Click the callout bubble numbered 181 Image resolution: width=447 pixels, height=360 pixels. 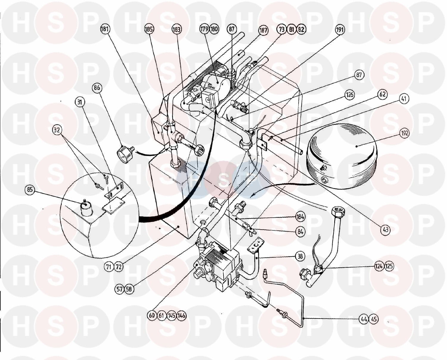pos(105,29)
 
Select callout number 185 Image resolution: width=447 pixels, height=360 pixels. pos(150,29)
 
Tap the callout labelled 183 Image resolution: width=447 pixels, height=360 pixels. pos(177,29)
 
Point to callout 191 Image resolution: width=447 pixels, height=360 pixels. pos(340,29)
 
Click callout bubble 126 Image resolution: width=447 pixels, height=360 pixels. pos(349,95)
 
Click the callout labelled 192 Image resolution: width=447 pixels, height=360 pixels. pos(405,133)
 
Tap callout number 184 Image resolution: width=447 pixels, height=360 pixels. pos(300,216)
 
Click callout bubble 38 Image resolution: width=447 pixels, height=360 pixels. pos(300,256)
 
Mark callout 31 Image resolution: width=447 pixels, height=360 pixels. pos(79,102)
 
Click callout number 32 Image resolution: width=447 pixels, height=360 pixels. pos(57,130)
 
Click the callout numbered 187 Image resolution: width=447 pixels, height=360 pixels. pos(263,30)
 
